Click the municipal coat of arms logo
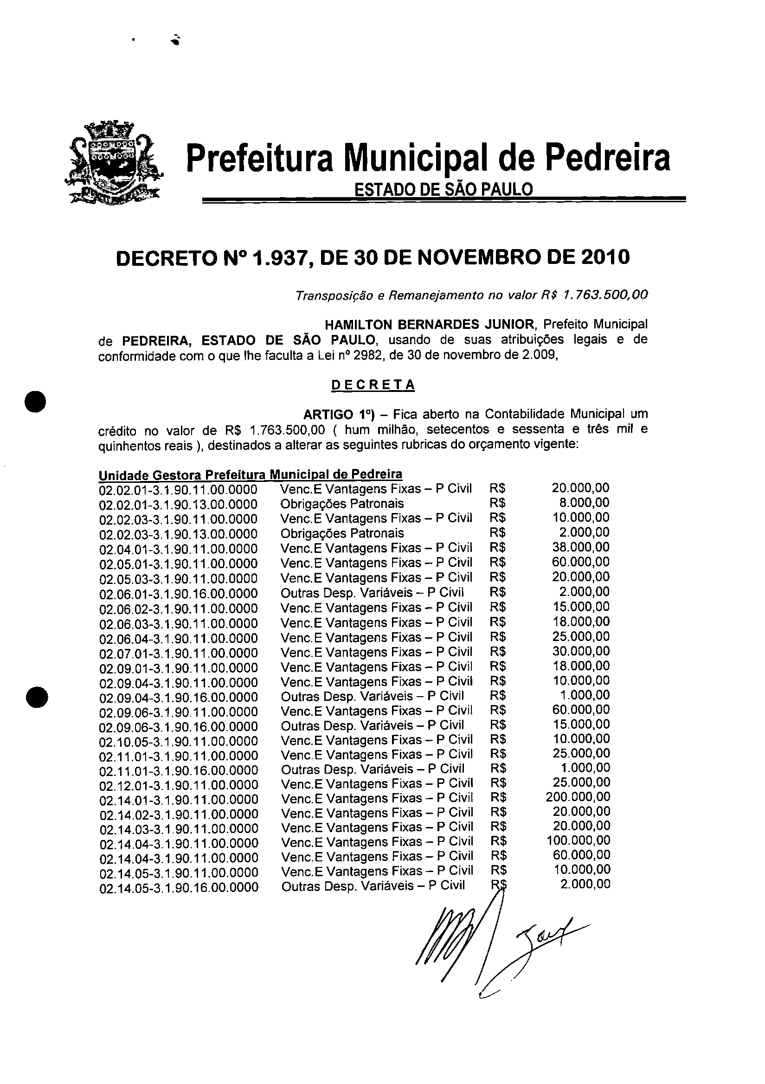coord(112,162)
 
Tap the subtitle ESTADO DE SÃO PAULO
coord(444,190)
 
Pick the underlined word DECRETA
coord(373,385)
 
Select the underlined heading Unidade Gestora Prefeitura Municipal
coord(250,474)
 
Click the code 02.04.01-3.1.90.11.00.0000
coord(178,549)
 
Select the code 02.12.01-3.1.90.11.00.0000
coord(179,785)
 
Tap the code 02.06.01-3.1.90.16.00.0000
coord(178,593)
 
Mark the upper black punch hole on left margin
coord(36,402)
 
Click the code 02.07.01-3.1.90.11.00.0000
coord(178,653)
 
